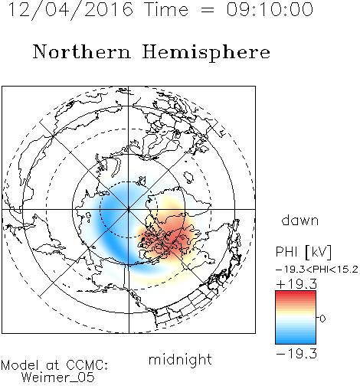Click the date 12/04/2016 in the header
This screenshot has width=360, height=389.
pos(70,10)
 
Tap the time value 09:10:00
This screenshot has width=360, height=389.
pos(270,9)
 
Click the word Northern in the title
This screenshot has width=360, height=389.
pos(82,51)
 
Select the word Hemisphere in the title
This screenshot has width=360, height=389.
pos(206,53)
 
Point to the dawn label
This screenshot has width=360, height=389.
pos(300,221)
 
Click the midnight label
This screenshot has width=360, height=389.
pos(180,361)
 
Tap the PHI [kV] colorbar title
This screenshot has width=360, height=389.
pos(303,252)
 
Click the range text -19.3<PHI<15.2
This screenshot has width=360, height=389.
pos(317,270)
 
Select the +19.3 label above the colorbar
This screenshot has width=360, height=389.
pos(296,284)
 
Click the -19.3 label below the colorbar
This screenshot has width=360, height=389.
pos(296,354)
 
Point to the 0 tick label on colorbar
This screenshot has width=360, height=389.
pos(322,319)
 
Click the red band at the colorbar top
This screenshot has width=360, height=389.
pos(296,295)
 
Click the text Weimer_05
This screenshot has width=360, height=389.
pos(58,377)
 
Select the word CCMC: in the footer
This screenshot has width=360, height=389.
pos(87,365)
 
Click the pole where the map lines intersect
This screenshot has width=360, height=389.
pos(129,209)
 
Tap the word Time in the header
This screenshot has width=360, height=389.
pos(166,9)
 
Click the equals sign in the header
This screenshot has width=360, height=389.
pos(207,11)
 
